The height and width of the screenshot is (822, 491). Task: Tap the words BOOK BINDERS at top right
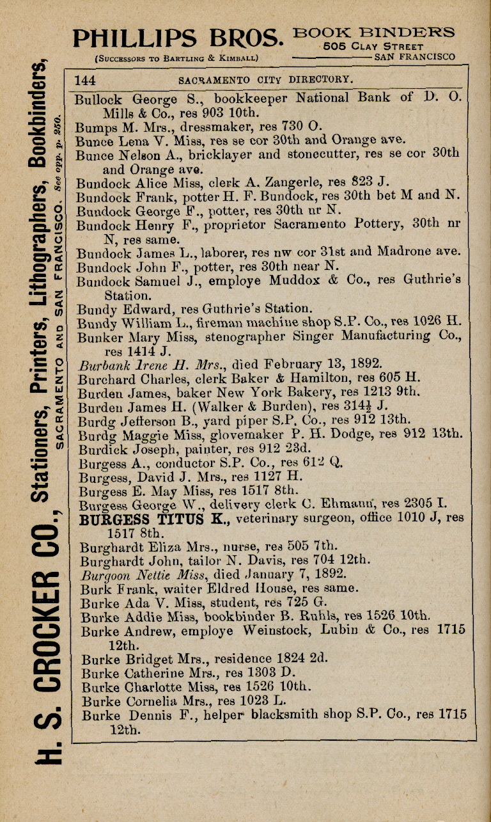[x=374, y=33]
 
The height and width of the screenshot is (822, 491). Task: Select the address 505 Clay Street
[x=373, y=46]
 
